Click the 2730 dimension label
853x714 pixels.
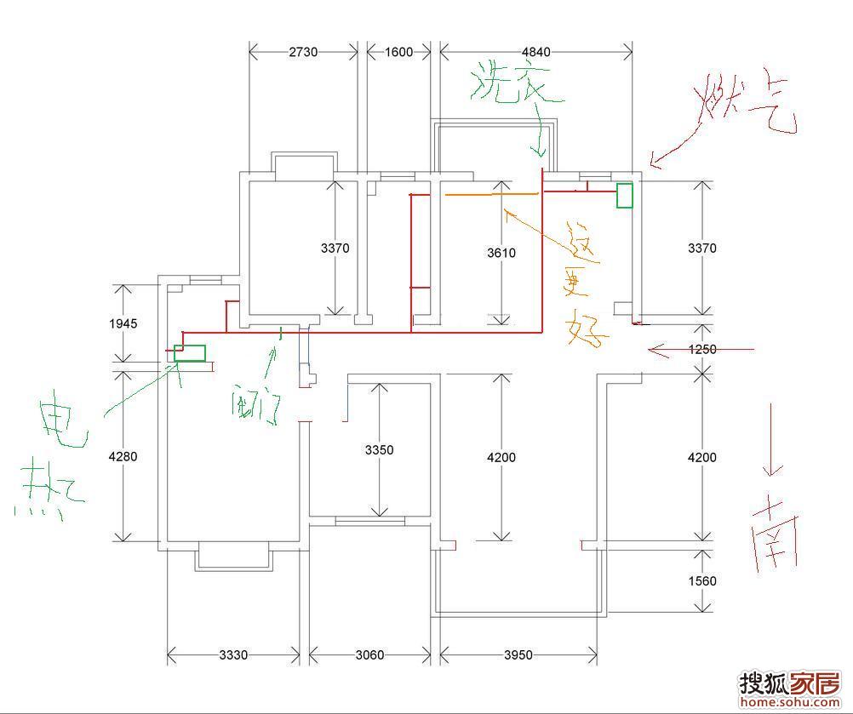303,52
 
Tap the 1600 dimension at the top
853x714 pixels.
398,52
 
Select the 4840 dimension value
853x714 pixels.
535,52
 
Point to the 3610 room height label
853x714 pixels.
501,253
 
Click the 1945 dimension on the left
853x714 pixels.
123,323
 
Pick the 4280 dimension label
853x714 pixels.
123,456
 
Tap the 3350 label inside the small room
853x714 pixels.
379,449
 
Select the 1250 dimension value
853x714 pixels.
702,349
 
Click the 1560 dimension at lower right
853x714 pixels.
702,581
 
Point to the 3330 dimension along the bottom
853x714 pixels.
233,655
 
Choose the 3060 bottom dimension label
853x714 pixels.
369,655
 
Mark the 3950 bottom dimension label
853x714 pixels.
518,655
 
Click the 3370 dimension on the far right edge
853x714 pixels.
702,248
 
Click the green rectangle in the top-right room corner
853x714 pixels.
625,195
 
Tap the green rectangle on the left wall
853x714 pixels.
190,352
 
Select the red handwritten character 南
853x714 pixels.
775,533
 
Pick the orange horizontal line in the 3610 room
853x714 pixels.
492,195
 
